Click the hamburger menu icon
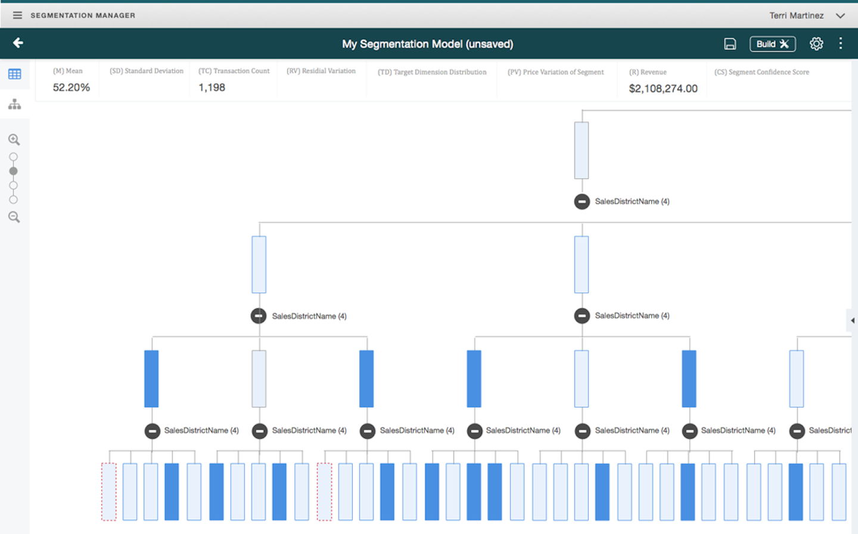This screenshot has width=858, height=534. click(17, 15)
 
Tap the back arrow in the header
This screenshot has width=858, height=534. click(18, 43)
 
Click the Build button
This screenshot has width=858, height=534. click(772, 44)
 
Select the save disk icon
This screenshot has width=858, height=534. click(730, 44)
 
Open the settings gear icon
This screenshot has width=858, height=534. click(816, 43)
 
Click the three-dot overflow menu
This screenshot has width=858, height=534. click(841, 43)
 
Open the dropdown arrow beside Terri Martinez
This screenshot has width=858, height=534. click(840, 16)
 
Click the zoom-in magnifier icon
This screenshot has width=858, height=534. click(14, 140)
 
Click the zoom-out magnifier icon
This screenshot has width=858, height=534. click(14, 217)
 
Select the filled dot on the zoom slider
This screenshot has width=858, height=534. click(14, 171)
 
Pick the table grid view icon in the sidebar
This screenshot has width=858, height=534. click(15, 74)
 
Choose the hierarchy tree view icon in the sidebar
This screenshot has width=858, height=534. click(15, 105)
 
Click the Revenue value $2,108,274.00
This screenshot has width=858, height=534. click(663, 89)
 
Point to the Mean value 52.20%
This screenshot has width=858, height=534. click(71, 88)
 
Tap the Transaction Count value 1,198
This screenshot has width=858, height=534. click(212, 88)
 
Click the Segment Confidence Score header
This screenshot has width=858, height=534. click(761, 72)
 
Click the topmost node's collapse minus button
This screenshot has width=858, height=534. click(582, 202)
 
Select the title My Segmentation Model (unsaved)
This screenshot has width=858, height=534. click(428, 44)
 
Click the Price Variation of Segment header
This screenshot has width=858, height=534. click(555, 72)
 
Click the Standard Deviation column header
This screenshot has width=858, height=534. click(147, 71)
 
